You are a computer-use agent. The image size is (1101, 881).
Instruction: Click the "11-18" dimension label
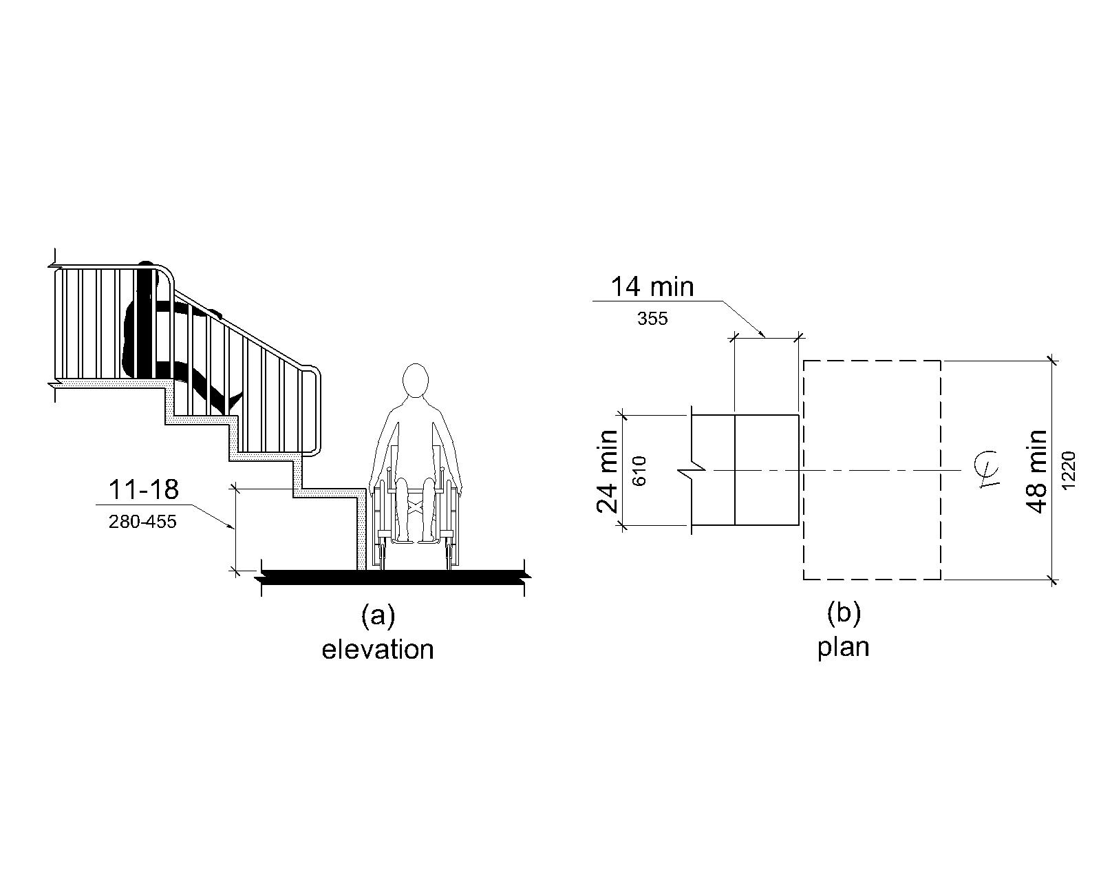pyautogui.click(x=143, y=489)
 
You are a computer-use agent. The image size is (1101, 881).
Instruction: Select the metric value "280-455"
pyautogui.click(x=142, y=522)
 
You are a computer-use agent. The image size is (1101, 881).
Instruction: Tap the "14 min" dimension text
pyautogui.click(x=652, y=286)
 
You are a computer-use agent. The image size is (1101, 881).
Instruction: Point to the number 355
pyautogui.click(x=652, y=319)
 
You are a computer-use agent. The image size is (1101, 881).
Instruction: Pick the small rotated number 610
pyautogui.click(x=639, y=471)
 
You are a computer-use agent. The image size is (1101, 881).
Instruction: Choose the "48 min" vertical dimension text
pyautogui.click(x=1037, y=471)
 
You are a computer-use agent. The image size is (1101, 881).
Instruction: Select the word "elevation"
pyautogui.click(x=378, y=649)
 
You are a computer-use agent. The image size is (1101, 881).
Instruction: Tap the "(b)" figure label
pyautogui.click(x=844, y=613)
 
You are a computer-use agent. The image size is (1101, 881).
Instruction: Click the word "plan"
pyautogui.click(x=844, y=647)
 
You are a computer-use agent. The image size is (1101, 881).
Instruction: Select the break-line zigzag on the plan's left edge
pyautogui.click(x=693, y=471)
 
